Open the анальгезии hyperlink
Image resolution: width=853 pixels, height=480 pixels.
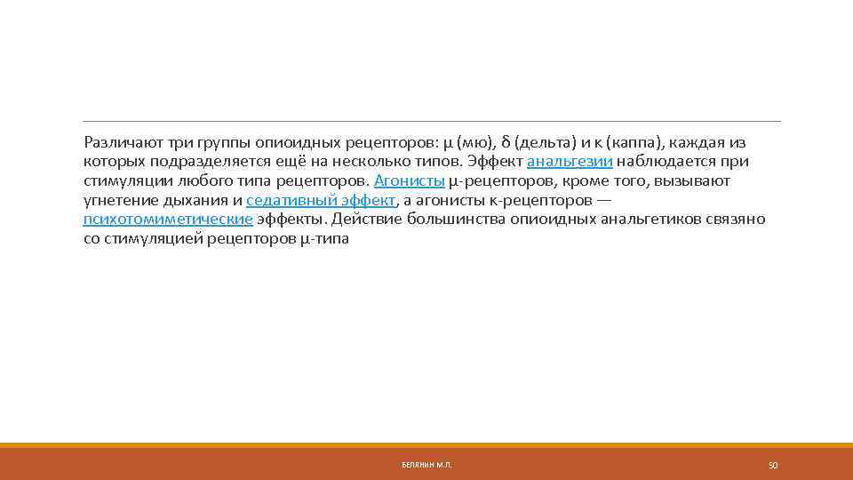point(570,162)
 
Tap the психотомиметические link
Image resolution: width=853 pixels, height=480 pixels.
point(168,220)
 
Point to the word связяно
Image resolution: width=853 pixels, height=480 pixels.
point(736,220)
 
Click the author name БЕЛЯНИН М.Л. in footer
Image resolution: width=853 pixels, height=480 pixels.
point(426,465)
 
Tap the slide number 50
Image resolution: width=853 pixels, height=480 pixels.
point(772,465)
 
